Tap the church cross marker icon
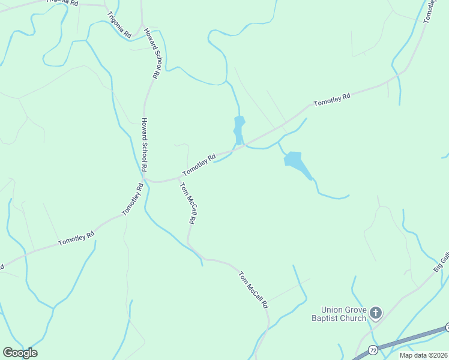click(x=376, y=313)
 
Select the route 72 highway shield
click(x=373, y=349)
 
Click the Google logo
click(x=20, y=353)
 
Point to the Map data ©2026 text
click(x=424, y=355)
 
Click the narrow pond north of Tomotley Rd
click(x=239, y=129)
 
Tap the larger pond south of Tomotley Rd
click(x=296, y=162)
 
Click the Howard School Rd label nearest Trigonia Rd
click(x=151, y=53)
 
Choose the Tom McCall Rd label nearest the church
click(x=253, y=290)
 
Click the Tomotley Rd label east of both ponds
click(x=332, y=99)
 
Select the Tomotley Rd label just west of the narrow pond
click(x=199, y=166)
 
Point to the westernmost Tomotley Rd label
click(x=76, y=238)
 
